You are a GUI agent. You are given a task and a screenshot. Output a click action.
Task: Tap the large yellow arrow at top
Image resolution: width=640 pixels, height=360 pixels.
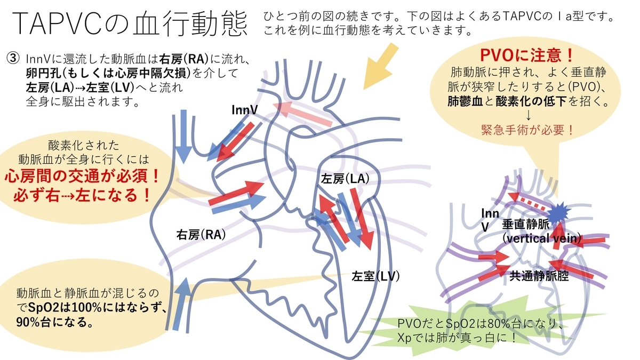pos(380,66)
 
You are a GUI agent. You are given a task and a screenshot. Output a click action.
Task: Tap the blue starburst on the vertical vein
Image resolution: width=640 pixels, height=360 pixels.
pos(558,212)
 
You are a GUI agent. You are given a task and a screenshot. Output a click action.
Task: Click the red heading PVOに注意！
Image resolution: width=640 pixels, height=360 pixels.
pos(525,55)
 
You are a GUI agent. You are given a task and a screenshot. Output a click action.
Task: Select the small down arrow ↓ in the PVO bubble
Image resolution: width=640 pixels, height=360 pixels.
pos(527,116)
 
